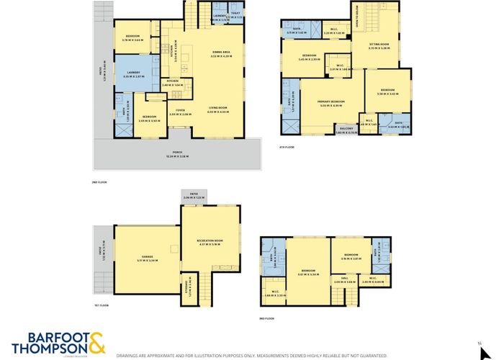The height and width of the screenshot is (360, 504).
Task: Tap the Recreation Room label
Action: pyautogui.click(x=211, y=241)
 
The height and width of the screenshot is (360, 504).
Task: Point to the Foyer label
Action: pyautogui.click(x=178, y=113)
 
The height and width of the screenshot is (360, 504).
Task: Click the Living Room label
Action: pyautogui.click(x=217, y=110)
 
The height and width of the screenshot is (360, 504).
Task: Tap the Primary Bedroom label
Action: pyautogui.click(x=333, y=103)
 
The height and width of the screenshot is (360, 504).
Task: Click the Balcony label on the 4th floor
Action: pyautogui.click(x=346, y=131)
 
